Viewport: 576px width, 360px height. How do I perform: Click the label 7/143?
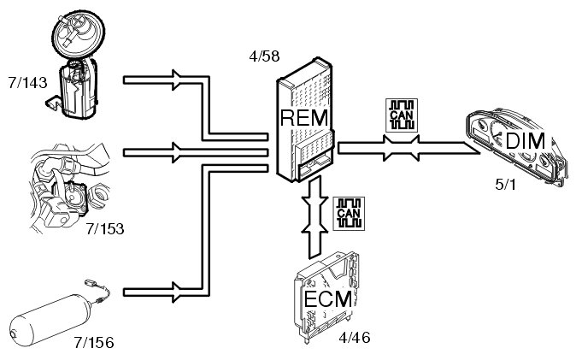click(x=25, y=86)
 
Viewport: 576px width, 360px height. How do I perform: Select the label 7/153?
click(x=106, y=228)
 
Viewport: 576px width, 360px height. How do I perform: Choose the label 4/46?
click(x=356, y=339)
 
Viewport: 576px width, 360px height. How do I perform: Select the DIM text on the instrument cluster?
click(x=525, y=140)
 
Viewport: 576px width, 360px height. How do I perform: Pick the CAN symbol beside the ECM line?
click(x=349, y=211)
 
